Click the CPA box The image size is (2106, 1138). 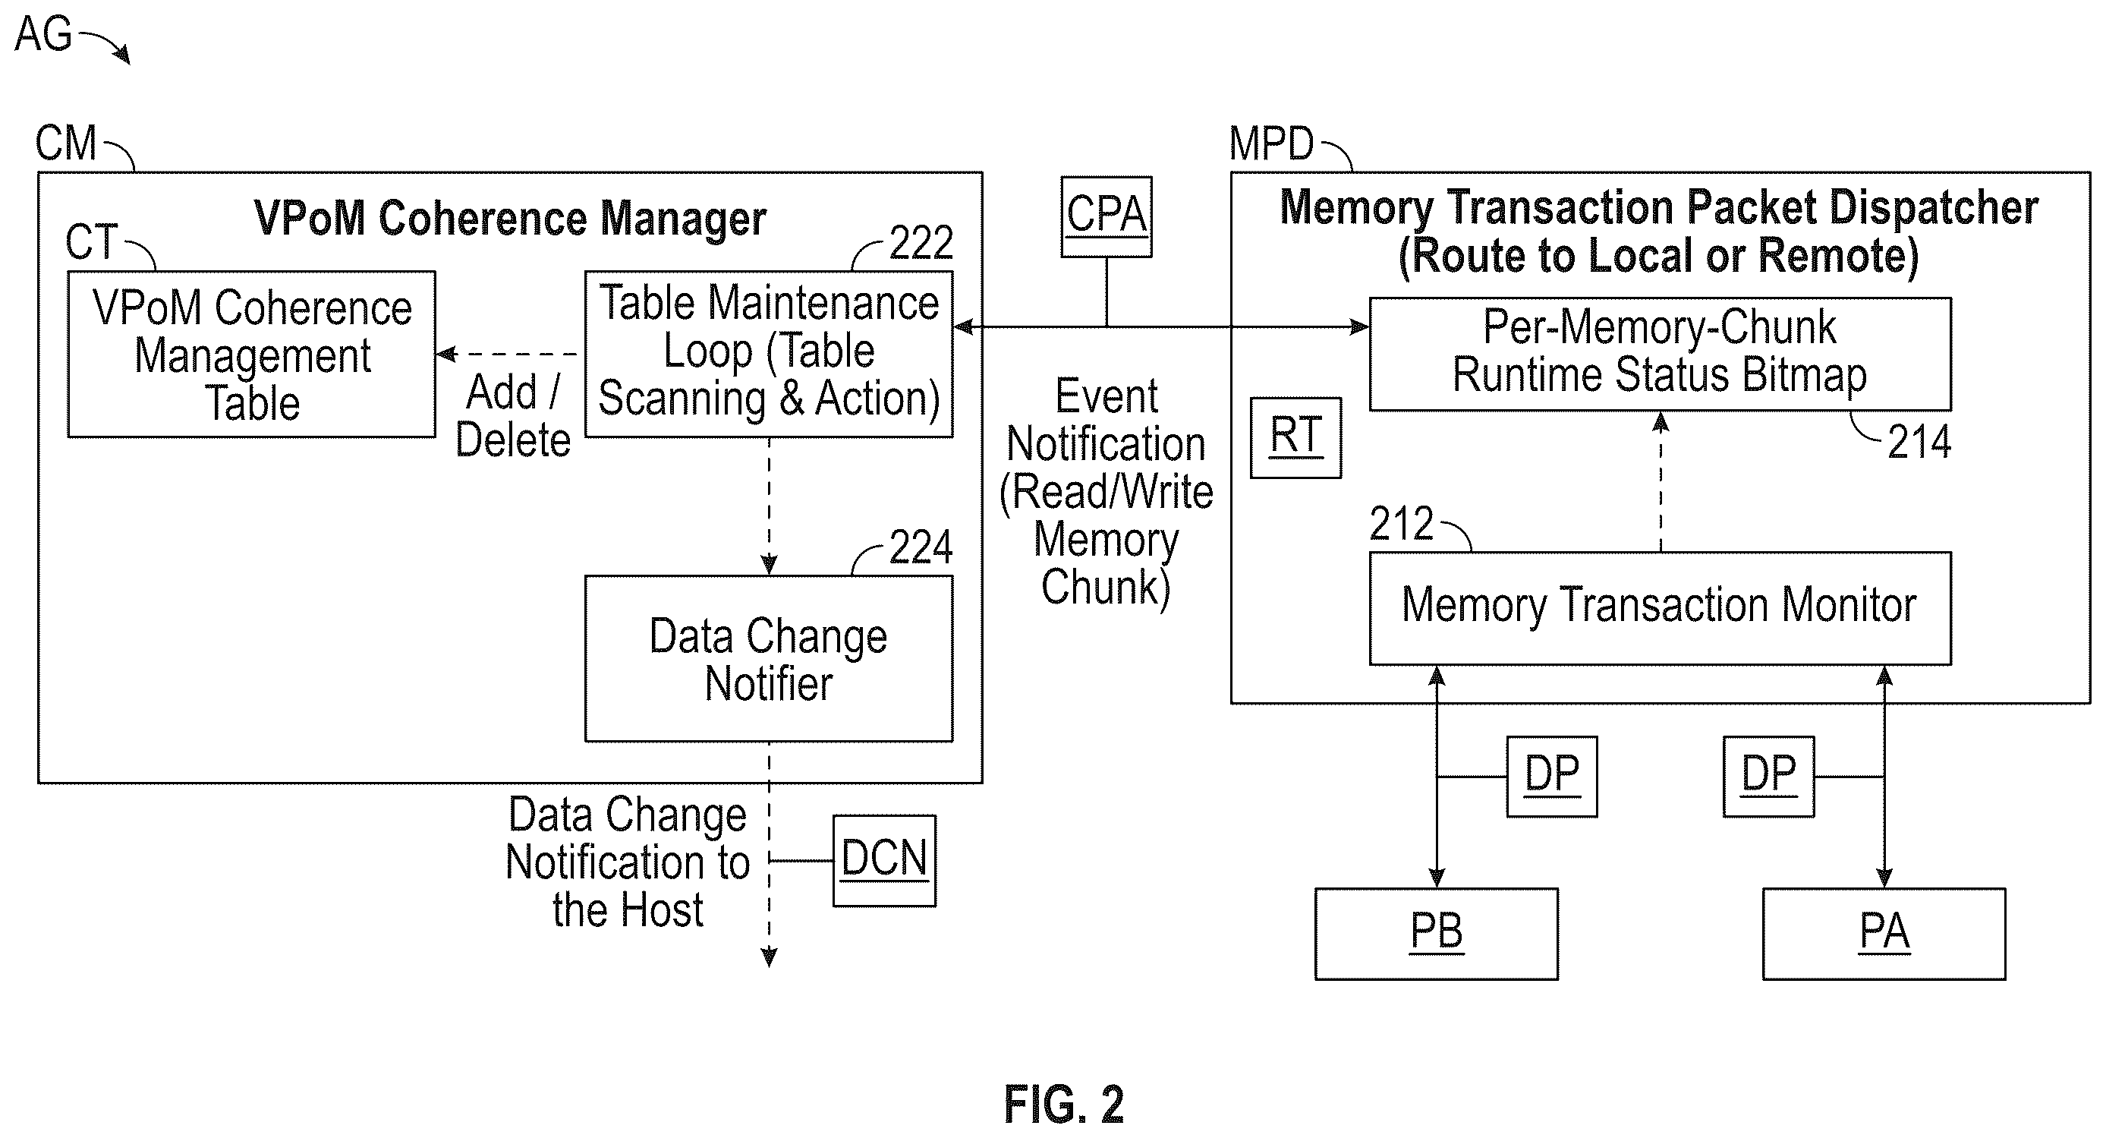tap(1107, 216)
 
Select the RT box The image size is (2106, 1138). tap(1295, 437)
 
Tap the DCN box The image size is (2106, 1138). tap(885, 860)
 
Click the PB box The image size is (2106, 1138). tap(1437, 934)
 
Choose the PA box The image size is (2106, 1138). tap(1884, 934)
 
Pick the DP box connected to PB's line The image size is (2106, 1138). tap(1552, 777)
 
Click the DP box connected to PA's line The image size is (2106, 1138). tap(1768, 777)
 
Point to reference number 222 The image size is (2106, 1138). tap(921, 242)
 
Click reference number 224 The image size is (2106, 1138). tap(921, 546)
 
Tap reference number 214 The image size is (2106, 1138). tap(1919, 443)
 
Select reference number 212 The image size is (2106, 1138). tap(1401, 523)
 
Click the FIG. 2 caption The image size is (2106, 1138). tap(1064, 1105)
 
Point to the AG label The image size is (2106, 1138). tap(43, 34)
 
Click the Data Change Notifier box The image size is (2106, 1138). tap(769, 659)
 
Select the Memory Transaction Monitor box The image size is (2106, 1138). tap(1661, 608)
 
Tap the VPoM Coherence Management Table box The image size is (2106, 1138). tap(252, 354)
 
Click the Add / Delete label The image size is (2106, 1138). tap(512, 416)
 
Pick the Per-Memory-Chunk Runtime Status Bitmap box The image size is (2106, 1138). tap(1661, 354)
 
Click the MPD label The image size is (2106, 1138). tap(1271, 144)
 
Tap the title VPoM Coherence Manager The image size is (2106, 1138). tap(510, 219)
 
